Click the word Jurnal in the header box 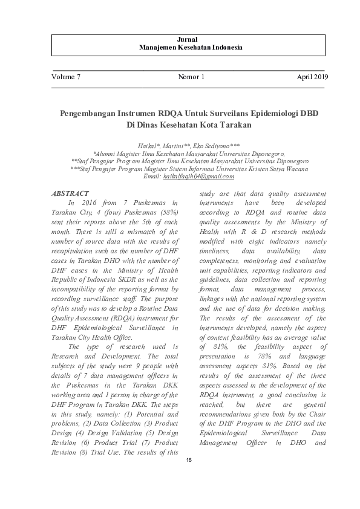[180, 39]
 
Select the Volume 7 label [66, 77]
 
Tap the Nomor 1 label [192, 77]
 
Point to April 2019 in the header [312, 77]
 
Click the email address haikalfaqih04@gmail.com [198, 176]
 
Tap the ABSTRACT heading [71, 193]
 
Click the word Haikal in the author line [148, 147]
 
